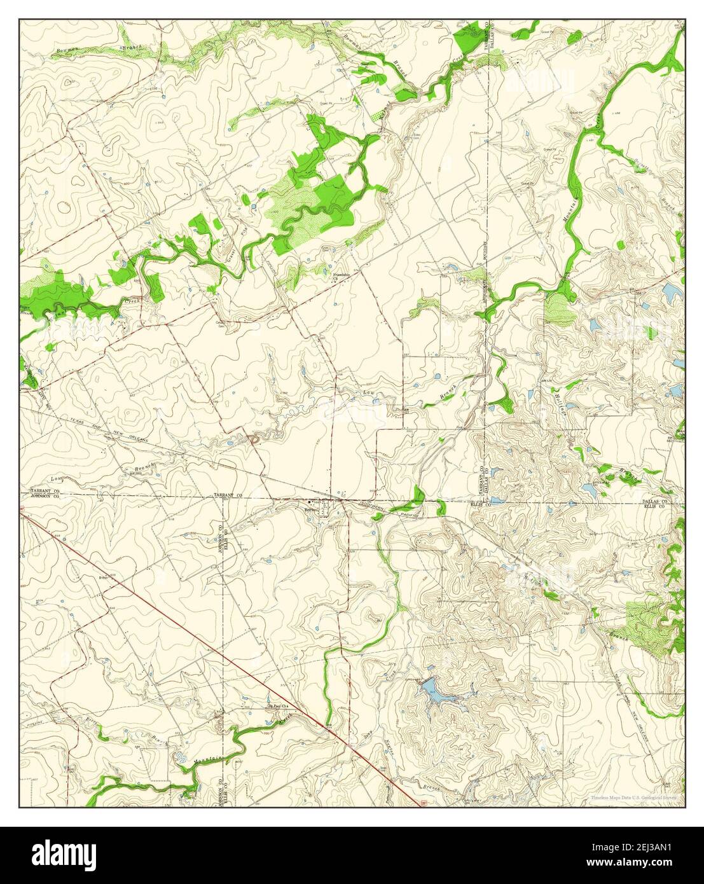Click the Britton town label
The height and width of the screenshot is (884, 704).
[310, 510]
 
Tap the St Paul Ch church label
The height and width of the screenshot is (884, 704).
[277, 705]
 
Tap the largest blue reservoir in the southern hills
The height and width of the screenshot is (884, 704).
[432, 691]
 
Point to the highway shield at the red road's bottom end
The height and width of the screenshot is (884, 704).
[424, 803]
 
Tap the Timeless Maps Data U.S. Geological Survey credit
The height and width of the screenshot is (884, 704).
[633, 797]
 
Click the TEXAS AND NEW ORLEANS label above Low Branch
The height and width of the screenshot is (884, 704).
[108, 432]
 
